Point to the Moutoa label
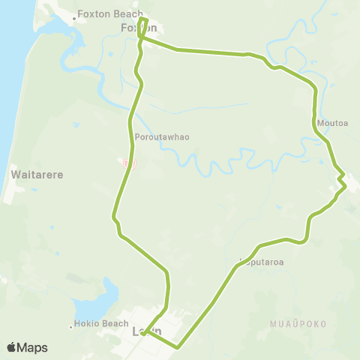331,122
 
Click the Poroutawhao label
162,137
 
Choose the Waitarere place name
35,174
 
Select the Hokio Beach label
103,324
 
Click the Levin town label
146,331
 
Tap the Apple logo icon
11,347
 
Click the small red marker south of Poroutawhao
127,161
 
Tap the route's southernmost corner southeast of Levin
178,347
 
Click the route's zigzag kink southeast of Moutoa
341,180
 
